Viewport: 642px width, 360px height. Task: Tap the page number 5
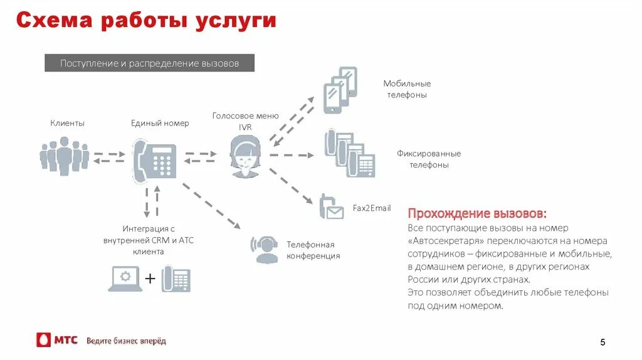point(603,342)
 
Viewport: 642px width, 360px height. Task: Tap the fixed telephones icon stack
point(349,153)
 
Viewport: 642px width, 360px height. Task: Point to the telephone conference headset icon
point(264,249)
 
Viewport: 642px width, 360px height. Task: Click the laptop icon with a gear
point(125,278)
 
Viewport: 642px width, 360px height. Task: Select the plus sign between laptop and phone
point(150,278)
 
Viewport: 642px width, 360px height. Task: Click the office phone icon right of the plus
point(176,279)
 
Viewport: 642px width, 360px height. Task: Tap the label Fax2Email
point(372,208)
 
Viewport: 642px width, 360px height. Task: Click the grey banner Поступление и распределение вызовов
point(149,63)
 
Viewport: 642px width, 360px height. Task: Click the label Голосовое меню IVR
point(245,121)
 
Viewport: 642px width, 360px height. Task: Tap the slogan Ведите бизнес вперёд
point(126,341)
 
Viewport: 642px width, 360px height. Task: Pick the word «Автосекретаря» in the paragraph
point(440,240)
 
